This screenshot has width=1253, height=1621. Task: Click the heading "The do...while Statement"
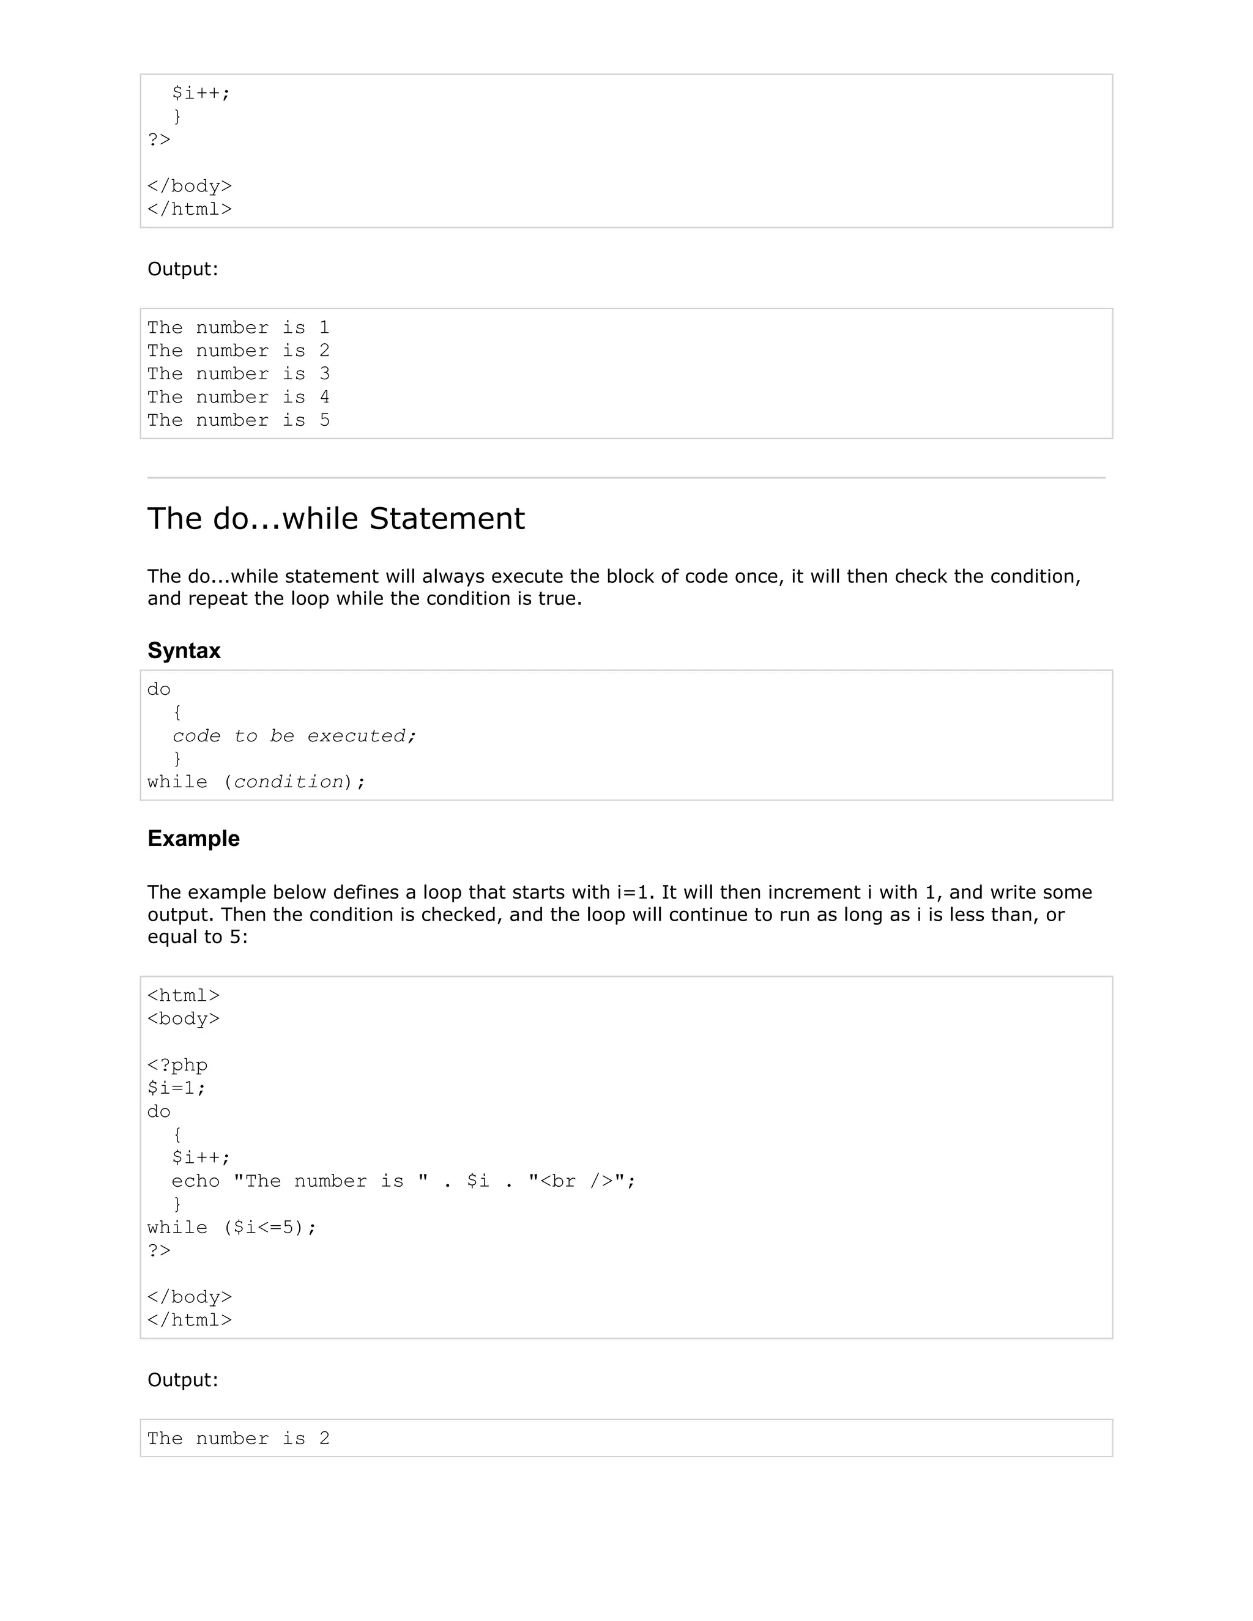pyautogui.click(x=335, y=519)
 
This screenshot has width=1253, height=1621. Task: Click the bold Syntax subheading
pyautogui.click(x=184, y=651)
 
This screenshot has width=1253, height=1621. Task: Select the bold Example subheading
pyautogui.click(x=193, y=839)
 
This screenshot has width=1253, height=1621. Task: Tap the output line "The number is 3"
pyautogui.click(x=238, y=374)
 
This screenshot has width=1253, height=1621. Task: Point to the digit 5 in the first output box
pyautogui.click(x=324, y=421)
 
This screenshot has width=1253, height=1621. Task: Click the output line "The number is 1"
pyautogui.click(x=238, y=328)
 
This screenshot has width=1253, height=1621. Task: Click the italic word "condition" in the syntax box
pyautogui.click(x=289, y=782)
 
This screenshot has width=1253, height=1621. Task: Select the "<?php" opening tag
pyautogui.click(x=177, y=1065)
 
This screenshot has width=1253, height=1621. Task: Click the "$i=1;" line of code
pyautogui.click(x=177, y=1088)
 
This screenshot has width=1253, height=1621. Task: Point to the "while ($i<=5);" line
pyautogui.click(x=232, y=1228)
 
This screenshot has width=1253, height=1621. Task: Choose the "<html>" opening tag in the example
pyautogui.click(x=184, y=995)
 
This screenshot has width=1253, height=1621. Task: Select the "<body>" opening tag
pyautogui.click(x=184, y=1018)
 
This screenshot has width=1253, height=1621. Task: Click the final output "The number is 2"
pyautogui.click(x=238, y=1439)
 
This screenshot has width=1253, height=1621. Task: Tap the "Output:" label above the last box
pyautogui.click(x=182, y=1380)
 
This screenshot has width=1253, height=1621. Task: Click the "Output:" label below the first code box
pyautogui.click(x=182, y=269)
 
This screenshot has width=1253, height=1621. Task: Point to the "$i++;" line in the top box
pyautogui.click(x=201, y=94)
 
